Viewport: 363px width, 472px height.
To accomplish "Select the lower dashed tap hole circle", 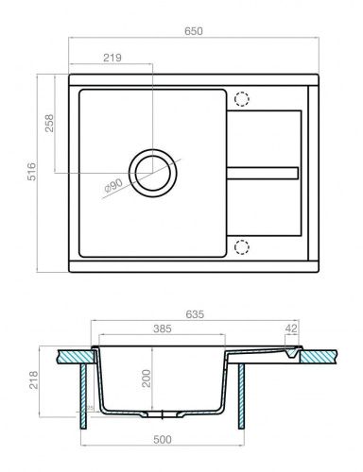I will (x=241, y=246).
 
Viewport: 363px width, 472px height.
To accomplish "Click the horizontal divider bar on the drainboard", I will (x=265, y=173).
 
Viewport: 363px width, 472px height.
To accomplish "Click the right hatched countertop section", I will (x=318, y=355).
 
